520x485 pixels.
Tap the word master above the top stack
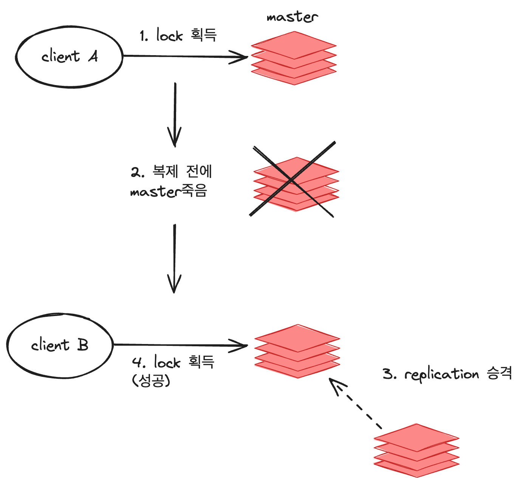tap(292, 17)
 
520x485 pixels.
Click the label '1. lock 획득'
tap(178, 36)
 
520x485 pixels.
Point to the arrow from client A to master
tap(185, 56)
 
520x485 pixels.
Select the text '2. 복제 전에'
tap(172, 172)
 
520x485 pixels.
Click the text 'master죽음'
tap(169, 192)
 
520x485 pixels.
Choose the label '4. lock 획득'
tap(173, 362)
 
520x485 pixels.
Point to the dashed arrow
tap(355, 404)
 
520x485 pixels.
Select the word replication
tap(441, 374)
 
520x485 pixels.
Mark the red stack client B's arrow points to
tap(297, 351)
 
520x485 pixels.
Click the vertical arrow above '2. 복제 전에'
tap(175, 114)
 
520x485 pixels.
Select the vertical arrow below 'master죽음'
tap(174, 258)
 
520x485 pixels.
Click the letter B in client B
tap(82, 345)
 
